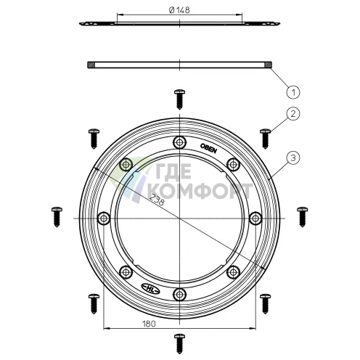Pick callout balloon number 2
[293, 114]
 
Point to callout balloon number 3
[293, 155]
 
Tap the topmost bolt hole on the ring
[180, 142]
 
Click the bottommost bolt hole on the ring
[180, 293]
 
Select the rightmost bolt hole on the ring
[255, 218]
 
